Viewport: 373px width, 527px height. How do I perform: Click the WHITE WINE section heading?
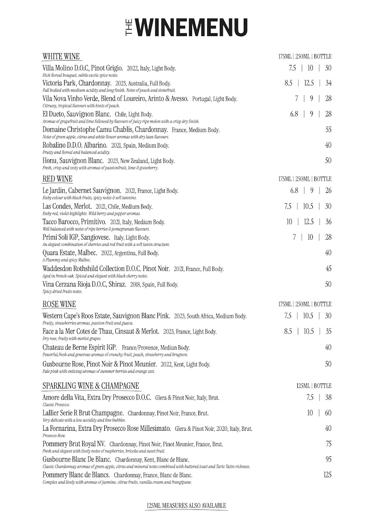coord(61,56)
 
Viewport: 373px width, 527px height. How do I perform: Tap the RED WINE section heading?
coord(58,179)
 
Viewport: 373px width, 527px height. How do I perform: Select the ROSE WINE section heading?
coord(59,304)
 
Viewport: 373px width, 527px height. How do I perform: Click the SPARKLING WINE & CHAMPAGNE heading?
coord(91,386)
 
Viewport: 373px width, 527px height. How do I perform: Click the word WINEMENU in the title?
coord(191,27)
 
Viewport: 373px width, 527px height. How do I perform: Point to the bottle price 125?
coord(327,475)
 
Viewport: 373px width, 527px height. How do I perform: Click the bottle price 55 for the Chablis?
coord(328,130)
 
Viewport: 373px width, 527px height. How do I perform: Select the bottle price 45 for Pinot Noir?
coord(328,268)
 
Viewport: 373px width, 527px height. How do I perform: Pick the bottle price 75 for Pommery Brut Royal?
coord(328,444)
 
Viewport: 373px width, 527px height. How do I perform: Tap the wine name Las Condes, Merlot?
coord(67,206)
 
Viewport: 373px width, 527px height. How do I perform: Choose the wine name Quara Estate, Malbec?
coord(70,253)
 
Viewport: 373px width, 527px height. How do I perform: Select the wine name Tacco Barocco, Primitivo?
coord(74,222)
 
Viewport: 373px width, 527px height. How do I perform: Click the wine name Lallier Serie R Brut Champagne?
coord(83,413)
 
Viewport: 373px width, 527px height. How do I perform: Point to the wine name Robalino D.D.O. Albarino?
coord(75,145)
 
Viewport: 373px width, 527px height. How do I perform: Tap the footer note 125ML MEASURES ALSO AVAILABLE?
coord(186,506)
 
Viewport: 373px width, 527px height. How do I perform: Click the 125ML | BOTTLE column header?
coord(314,386)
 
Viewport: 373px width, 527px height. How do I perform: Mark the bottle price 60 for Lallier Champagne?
coord(328,413)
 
